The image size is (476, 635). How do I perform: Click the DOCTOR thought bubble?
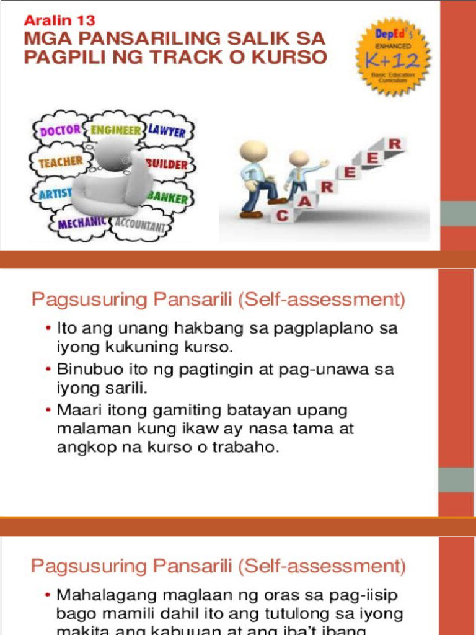coord(59,130)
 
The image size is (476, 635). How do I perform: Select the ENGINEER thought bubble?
coord(115,130)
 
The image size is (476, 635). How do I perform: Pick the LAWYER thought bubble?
coord(167,131)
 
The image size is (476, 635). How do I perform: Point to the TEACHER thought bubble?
coord(60,162)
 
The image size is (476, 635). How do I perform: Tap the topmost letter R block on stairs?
coord(395,144)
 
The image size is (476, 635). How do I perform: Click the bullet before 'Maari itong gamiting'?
coord(48,411)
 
